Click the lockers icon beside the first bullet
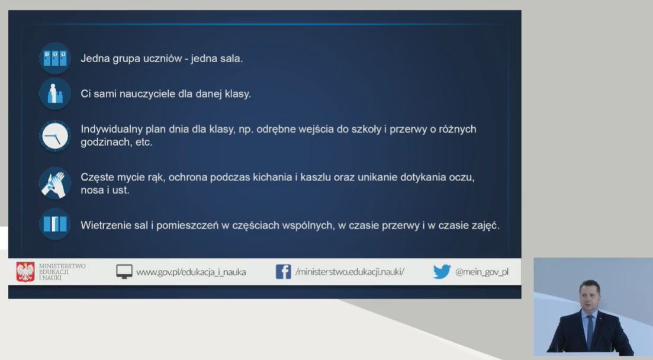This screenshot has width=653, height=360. (x=55, y=59)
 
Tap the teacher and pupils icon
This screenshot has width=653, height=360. (x=55, y=94)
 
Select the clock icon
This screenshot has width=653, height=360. (x=55, y=136)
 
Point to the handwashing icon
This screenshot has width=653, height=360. (x=55, y=184)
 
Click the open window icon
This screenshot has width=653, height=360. (x=55, y=224)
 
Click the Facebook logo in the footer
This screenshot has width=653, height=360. (x=283, y=272)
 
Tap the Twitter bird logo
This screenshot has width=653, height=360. (x=442, y=272)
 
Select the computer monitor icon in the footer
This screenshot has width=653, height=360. (x=124, y=272)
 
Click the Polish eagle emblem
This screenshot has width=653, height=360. (x=25, y=272)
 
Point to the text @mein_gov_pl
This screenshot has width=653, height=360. (x=482, y=272)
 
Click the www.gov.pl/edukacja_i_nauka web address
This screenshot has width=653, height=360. (x=191, y=272)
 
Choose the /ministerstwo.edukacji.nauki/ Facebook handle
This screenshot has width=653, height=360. (x=350, y=272)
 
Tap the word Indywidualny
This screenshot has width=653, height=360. (x=112, y=129)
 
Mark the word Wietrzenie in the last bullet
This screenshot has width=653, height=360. (x=106, y=226)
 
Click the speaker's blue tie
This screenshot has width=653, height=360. (x=590, y=331)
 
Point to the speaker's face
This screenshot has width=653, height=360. (x=589, y=297)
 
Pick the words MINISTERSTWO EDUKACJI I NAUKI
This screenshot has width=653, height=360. (x=62, y=272)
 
